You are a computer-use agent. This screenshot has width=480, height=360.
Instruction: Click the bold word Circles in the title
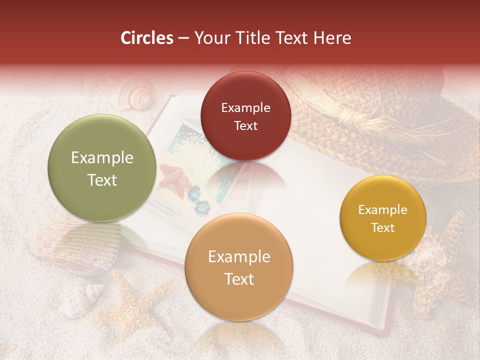147,38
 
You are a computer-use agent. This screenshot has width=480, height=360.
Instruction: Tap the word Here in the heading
332,38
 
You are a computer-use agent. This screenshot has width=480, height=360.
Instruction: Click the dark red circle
245,116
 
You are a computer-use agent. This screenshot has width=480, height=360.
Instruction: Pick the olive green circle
102,168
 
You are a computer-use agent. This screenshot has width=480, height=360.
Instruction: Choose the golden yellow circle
382,218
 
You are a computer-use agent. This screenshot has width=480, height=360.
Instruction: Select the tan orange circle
238,267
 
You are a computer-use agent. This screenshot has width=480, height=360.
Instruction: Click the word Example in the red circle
245,107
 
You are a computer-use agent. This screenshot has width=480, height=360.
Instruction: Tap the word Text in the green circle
102,180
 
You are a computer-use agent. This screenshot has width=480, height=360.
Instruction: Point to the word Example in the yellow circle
382,210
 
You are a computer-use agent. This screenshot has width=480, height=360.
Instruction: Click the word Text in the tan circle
238,279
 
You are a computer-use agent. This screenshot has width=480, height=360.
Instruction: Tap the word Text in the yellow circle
382,227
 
